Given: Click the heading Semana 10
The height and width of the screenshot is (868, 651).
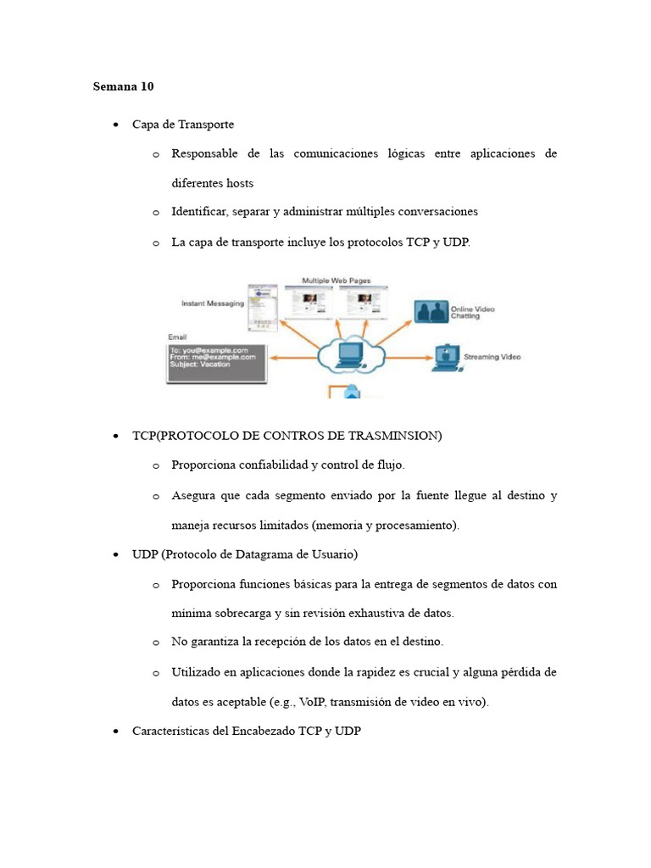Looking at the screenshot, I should [123, 86].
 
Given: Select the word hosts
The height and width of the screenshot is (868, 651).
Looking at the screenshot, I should [237, 183].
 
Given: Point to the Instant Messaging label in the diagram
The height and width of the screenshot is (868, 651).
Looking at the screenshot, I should [213, 303].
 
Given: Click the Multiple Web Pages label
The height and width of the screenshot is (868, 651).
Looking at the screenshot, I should [337, 281].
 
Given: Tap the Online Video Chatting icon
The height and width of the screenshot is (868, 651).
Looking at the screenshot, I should [431, 311].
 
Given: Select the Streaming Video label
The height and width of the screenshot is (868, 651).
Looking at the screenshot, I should [492, 357].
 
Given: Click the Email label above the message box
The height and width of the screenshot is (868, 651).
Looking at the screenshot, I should [178, 337].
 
